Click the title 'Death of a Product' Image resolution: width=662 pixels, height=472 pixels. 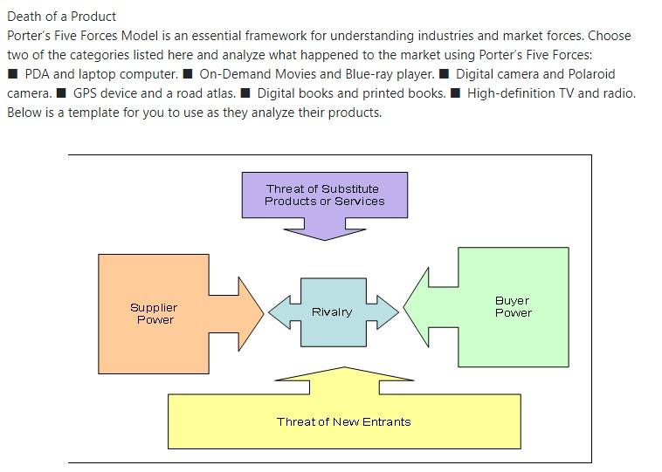(x=61, y=16)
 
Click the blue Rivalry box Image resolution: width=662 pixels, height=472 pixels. (x=332, y=311)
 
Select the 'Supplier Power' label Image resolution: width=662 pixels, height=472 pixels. (x=154, y=313)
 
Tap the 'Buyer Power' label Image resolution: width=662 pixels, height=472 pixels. (x=513, y=306)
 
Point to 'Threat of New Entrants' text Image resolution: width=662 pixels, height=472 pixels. (x=343, y=421)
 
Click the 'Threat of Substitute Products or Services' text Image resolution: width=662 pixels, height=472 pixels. (x=324, y=195)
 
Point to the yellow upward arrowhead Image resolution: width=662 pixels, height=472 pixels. (x=344, y=375)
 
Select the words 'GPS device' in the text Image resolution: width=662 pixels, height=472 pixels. (x=105, y=93)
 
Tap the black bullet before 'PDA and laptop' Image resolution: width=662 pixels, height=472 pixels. (x=13, y=74)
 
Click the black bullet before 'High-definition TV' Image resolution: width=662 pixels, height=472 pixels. (x=456, y=93)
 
